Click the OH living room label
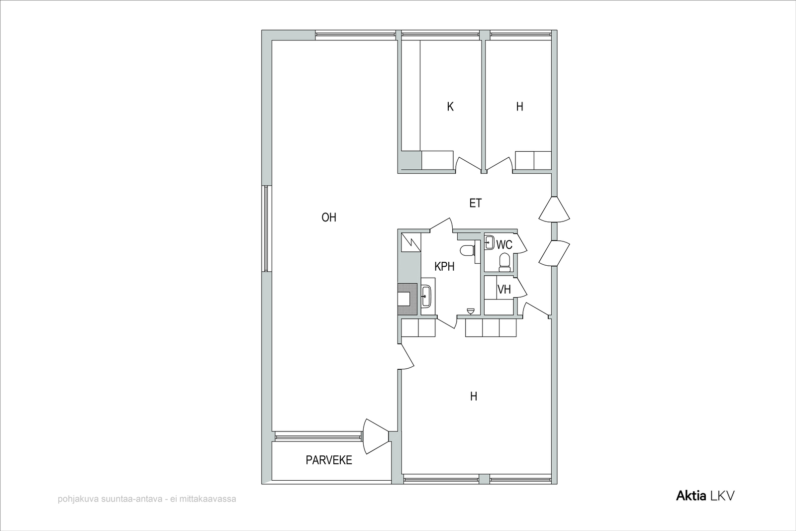(329, 217)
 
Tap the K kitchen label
(450, 106)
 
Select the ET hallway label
(476, 203)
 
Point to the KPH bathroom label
(445, 266)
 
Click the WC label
(504, 245)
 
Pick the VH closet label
(504, 290)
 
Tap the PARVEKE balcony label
(329, 460)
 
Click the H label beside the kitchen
(519, 106)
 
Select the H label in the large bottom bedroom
(473, 396)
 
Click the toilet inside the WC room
(504, 262)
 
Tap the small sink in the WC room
(490, 243)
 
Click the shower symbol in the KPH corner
(411, 242)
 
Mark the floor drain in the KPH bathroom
(471, 312)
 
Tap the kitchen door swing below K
(468, 164)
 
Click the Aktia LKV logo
(705, 496)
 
